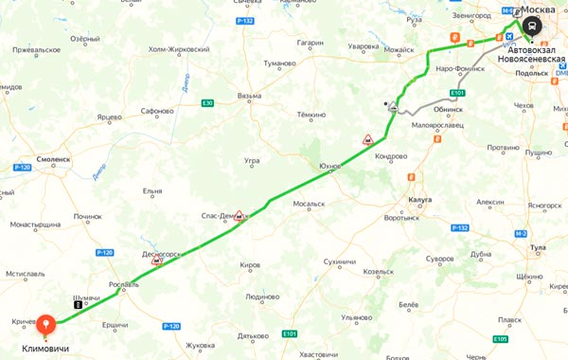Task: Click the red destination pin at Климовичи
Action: pyautogui.click(x=44, y=325)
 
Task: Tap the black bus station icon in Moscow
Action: pyautogui.click(x=534, y=26)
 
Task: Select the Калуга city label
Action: pyautogui.click(x=420, y=200)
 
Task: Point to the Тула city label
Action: pyautogui.click(x=539, y=247)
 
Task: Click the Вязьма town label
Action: pyautogui.click(x=249, y=96)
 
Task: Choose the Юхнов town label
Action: pyautogui.click(x=329, y=166)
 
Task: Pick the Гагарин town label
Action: pyautogui.click(x=310, y=43)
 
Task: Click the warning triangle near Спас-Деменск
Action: pyautogui.click(x=240, y=216)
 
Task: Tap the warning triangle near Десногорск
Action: pyautogui.click(x=157, y=259)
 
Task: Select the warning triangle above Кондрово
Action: pyautogui.click(x=366, y=139)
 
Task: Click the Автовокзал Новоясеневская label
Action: pyautogui.click(x=536, y=53)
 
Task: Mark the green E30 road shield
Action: pyautogui.click(x=207, y=102)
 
